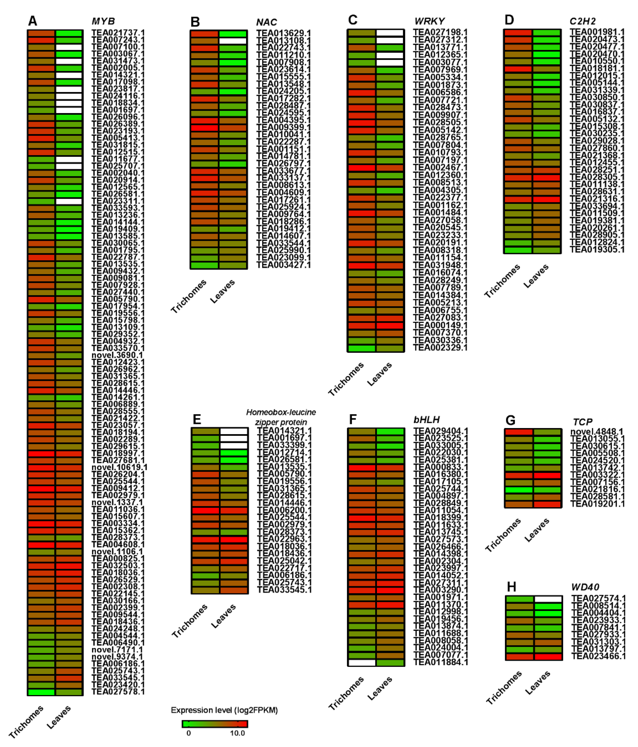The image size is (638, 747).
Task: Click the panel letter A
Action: [x=32, y=21]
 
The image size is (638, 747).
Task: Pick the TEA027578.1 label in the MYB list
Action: [x=118, y=692]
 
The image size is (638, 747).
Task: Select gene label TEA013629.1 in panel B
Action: [x=283, y=33]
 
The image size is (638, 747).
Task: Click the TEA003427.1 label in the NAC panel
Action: [x=283, y=265]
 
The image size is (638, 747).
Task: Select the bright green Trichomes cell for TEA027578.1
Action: [x=41, y=692]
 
